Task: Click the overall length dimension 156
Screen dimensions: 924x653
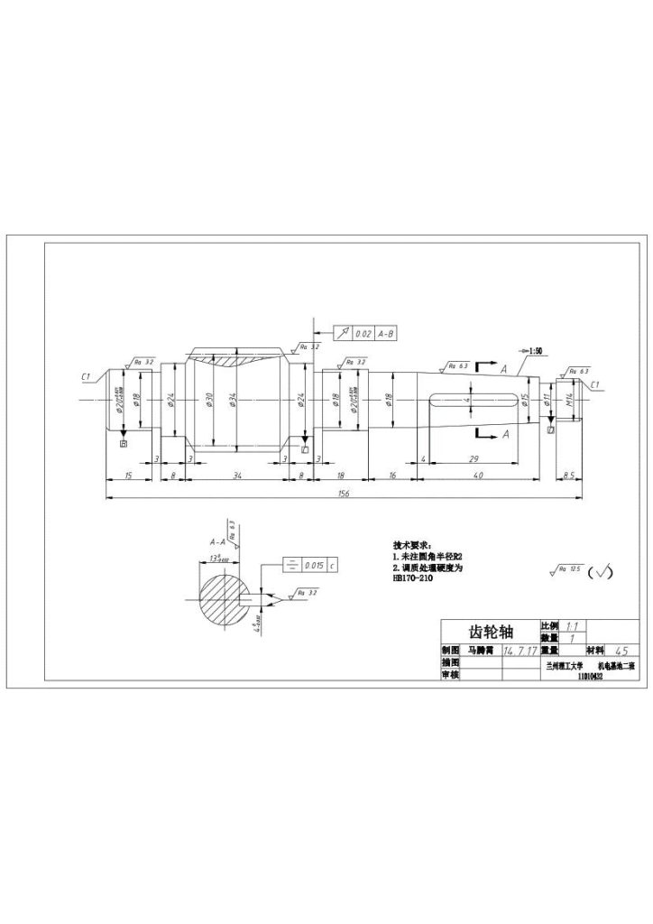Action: (344, 494)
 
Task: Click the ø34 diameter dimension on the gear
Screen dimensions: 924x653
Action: (234, 400)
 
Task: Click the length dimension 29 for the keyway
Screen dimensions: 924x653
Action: (474, 459)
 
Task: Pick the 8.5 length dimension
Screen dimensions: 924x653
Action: (569, 475)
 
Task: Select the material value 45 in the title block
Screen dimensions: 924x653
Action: (620, 650)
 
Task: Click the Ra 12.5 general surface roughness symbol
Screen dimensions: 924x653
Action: (564, 571)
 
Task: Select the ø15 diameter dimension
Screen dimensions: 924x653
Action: (524, 400)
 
